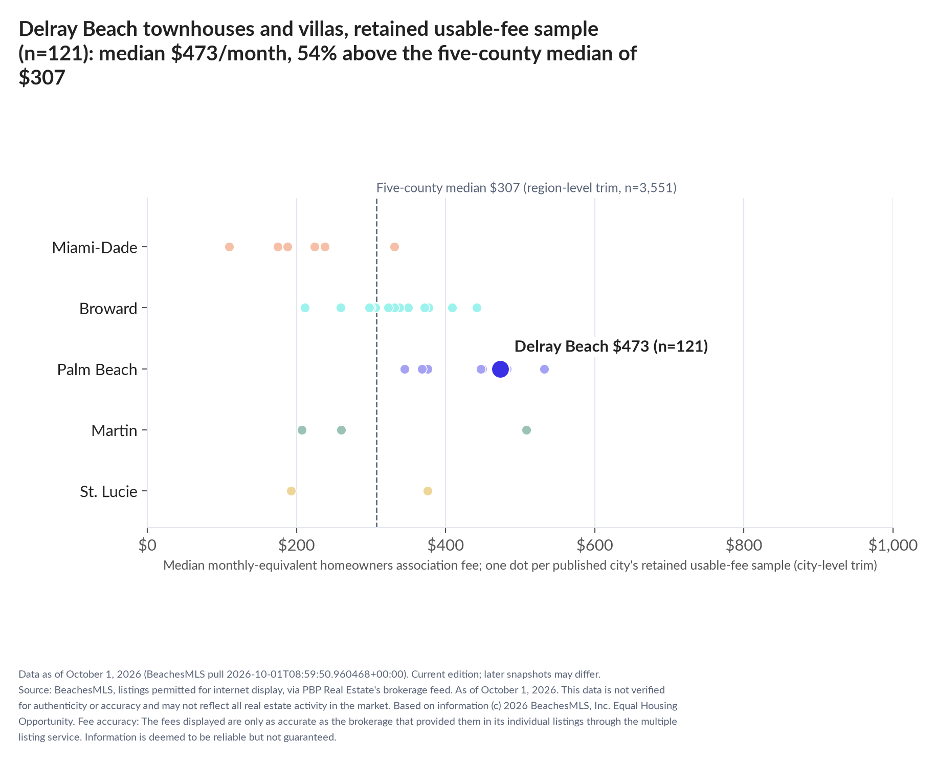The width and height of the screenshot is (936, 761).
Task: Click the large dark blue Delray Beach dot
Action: tap(500, 369)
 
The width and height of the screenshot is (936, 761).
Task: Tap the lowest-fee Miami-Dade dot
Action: tap(229, 247)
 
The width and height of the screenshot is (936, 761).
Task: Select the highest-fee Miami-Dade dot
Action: tap(394, 247)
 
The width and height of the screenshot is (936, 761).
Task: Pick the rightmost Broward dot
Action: tap(477, 308)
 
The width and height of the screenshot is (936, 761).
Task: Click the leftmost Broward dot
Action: tap(305, 308)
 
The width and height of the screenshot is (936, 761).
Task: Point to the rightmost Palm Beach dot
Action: tap(544, 369)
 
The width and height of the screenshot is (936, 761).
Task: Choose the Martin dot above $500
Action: tap(526, 430)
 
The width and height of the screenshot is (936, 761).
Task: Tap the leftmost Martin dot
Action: tap(302, 430)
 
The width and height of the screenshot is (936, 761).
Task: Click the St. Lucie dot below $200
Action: tap(291, 491)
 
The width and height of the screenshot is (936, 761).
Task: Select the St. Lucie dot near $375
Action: tap(428, 491)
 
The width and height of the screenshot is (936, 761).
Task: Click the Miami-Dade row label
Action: tap(95, 248)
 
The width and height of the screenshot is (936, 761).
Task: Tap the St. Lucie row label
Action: tap(108, 492)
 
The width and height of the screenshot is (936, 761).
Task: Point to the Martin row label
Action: tap(114, 431)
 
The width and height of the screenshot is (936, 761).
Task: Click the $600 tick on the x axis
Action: tap(595, 530)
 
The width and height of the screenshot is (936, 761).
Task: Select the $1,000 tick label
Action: tap(893, 545)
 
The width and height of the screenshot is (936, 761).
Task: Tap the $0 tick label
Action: tap(147, 545)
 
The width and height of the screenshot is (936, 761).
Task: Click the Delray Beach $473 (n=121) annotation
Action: tap(611, 346)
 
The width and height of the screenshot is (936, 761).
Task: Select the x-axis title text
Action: tap(520, 566)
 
